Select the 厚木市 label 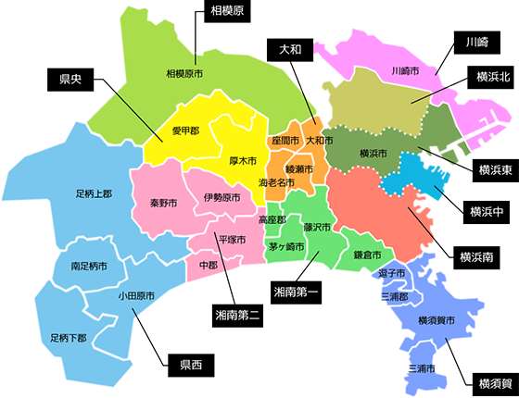(x=243, y=160)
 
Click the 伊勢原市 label (x=221, y=197)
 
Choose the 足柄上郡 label (x=94, y=194)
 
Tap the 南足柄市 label (x=90, y=266)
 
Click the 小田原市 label (x=136, y=296)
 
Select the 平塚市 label (x=231, y=240)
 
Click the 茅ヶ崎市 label (x=285, y=247)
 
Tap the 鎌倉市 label (x=367, y=255)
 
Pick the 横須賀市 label (x=436, y=320)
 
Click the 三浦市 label (x=426, y=368)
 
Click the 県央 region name (x=70, y=79)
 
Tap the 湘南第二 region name (x=237, y=315)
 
